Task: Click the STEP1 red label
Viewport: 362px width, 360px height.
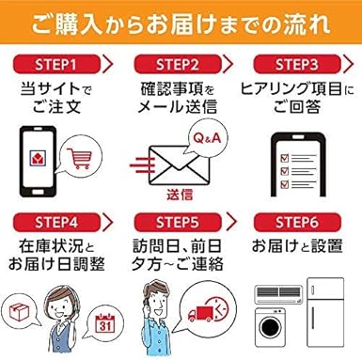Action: (55, 64)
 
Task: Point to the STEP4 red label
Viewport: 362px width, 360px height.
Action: (55, 225)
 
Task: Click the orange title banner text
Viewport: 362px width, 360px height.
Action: (181, 21)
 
